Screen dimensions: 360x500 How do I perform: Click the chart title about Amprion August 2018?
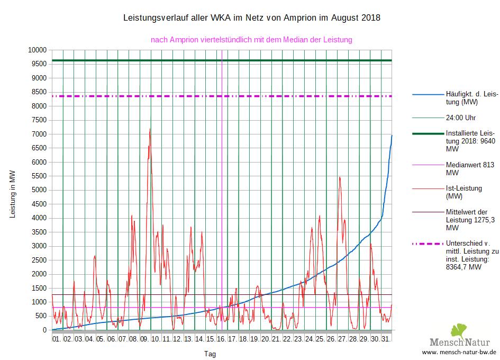tap(251, 18)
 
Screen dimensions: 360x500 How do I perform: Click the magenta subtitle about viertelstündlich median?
tap(251, 39)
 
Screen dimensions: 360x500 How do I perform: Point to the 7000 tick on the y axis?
tap(39, 134)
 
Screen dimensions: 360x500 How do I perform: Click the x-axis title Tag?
tap(210, 353)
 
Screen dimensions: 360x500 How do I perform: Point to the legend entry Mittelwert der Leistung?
tap(470, 219)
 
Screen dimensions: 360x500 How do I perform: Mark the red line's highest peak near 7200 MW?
tap(150, 129)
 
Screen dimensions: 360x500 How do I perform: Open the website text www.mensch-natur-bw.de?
tap(459, 352)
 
